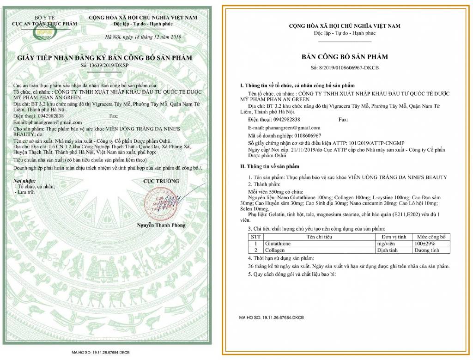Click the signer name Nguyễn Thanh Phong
tap(161, 225)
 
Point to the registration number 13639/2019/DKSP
tap(105, 66)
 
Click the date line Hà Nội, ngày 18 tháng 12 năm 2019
tap(144, 37)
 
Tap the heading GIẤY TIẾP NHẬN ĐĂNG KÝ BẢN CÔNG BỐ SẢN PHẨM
tap(105, 58)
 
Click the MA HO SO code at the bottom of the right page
tap(272, 318)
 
